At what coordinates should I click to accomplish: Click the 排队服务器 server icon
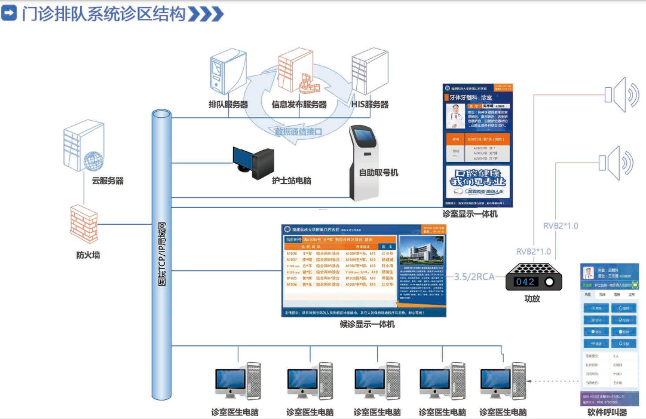click(228, 74)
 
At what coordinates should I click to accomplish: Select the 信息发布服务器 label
click(299, 105)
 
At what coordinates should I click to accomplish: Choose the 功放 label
click(531, 299)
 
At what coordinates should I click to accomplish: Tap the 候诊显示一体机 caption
click(367, 324)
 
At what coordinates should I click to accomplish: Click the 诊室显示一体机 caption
click(470, 213)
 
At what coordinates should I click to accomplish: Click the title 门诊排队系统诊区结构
click(103, 13)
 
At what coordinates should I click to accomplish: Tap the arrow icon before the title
click(9, 13)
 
